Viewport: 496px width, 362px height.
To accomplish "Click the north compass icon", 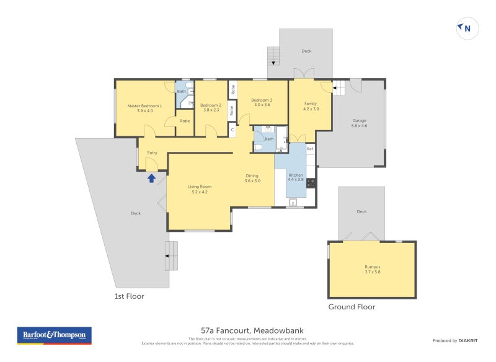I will [x=467, y=28].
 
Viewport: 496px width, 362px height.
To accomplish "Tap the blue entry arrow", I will [x=151, y=179].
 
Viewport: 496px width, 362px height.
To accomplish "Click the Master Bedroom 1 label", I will [x=144, y=108].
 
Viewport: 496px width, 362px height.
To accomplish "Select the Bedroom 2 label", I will [x=211, y=108].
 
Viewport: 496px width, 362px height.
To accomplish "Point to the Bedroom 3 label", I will [x=262, y=102].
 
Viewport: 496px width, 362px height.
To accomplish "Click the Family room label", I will [x=311, y=105].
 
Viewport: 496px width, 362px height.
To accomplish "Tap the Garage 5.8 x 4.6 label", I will [x=360, y=123].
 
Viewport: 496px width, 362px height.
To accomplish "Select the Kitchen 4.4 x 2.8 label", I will [x=295, y=178].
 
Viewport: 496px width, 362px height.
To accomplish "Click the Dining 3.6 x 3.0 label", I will [x=252, y=178].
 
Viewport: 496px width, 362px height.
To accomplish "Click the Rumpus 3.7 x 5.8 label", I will [x=372, y=270].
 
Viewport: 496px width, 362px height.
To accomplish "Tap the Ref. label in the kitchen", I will [x=310, y=149].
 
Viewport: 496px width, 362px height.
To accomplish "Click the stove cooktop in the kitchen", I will [x=311, y=183].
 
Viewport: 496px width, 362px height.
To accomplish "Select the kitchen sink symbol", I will [x=293, y=201].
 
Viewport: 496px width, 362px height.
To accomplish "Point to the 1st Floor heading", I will [x=129, y=296].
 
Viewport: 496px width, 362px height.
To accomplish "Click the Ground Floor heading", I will [x=352, y=307].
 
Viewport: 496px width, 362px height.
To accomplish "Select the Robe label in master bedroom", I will [x=185, y=121].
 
